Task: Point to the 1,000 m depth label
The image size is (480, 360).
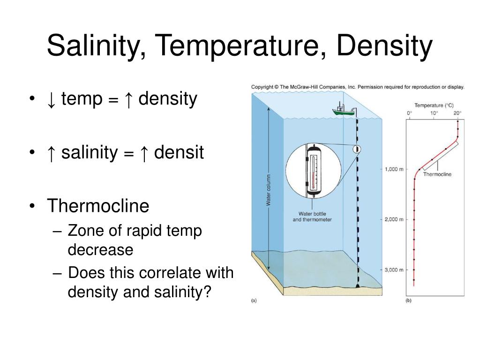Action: [394, 169]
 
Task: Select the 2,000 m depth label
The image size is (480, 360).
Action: [394, 219]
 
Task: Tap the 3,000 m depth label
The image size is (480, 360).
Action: [394, 270]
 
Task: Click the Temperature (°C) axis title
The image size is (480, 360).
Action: [434, 105]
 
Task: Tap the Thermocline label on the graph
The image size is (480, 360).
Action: [437, 174]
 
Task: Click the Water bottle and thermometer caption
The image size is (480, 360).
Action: [312, 217]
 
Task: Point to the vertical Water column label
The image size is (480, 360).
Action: [269, 190]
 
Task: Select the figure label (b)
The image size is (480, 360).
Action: [408, 301]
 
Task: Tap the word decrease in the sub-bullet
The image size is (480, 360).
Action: [100, 249]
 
